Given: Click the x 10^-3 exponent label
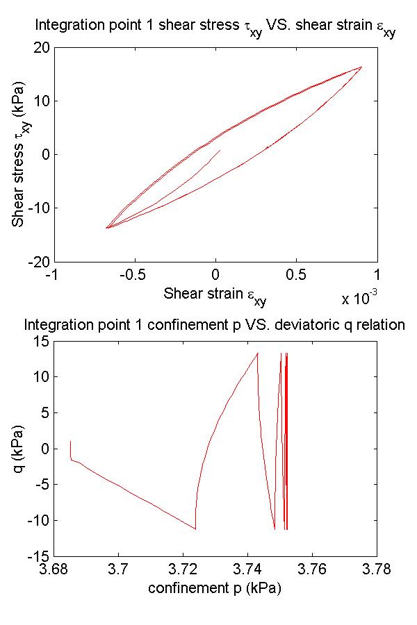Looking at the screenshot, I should (x=359, y=299).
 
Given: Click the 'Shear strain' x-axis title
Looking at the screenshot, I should (x=215, y=294).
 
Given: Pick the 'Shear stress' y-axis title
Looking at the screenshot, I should (x=19, y=155).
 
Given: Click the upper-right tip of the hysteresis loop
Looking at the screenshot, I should (x=362, y=67).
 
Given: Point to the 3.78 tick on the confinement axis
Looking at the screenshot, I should (x=377, y=569).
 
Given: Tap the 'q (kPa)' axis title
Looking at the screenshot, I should (x=19, y=449).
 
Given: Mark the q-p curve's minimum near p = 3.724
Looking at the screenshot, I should (x=195, y=529).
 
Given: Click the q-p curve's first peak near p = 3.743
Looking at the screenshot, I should (x=258, y=353).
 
